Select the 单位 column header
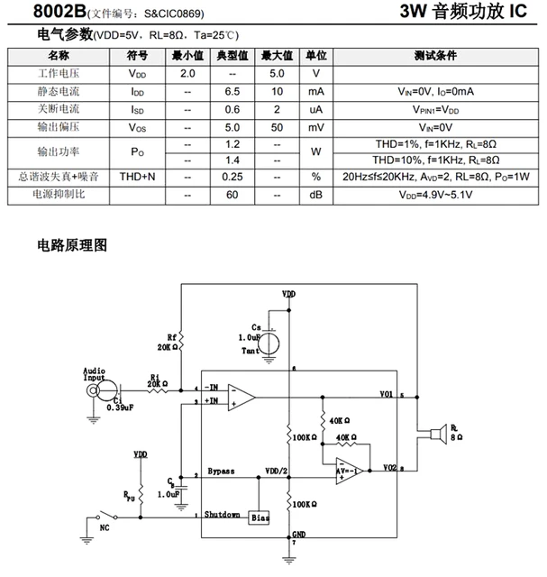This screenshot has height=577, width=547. (x=316, y=55)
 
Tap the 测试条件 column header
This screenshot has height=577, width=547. (x=437, y=55)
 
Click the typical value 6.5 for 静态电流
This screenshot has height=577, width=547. (x=232, y=91)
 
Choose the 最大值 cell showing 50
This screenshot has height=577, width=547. (x=277, y=126)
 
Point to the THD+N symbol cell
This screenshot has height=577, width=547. (x=138, y=176)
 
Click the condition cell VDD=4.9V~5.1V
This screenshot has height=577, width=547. (x=437, y=194)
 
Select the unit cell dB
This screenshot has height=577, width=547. (x=316, y=194)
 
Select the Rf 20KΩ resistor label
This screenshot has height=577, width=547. (x=169, y=342)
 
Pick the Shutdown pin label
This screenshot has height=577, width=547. (x=223, y=514)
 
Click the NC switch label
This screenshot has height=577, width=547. (x=105, y=527)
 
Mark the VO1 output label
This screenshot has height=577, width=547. (x=387, y=394)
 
